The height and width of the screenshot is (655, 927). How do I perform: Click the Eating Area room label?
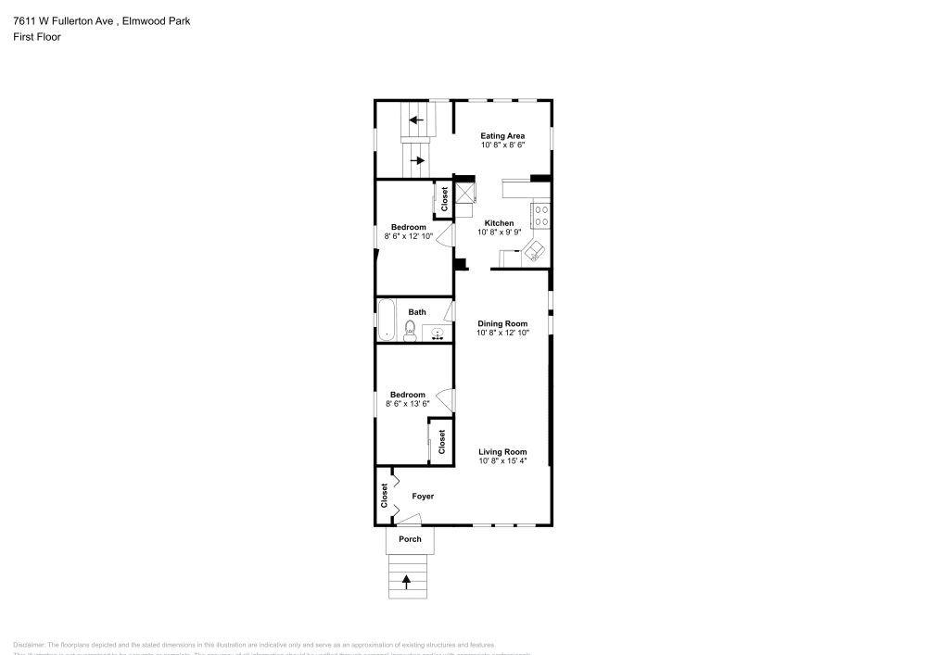(502, 136)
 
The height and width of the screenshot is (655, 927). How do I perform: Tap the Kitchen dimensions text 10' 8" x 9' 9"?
(499, 233)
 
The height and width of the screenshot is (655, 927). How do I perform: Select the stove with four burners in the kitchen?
(540, 217)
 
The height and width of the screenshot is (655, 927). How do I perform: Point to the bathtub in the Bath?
(387, 320)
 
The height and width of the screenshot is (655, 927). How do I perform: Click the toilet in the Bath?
(410, 330)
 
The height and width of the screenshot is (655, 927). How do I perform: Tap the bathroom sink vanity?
(438, 333)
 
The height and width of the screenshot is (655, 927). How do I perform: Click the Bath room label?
(417, 311)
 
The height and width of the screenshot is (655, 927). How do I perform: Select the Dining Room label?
(502, 323)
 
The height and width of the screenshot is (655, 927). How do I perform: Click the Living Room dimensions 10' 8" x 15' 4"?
(502, 460)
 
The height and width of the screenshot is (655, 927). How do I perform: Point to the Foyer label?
(423, 497)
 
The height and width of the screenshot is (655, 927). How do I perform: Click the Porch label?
(410, 539)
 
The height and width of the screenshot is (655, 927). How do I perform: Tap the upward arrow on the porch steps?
(407, 581)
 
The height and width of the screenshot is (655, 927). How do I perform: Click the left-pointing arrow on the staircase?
(417, 120)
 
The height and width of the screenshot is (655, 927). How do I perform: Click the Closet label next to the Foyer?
(384, 496)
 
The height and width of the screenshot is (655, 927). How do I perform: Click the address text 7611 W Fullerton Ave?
(63, 20)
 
